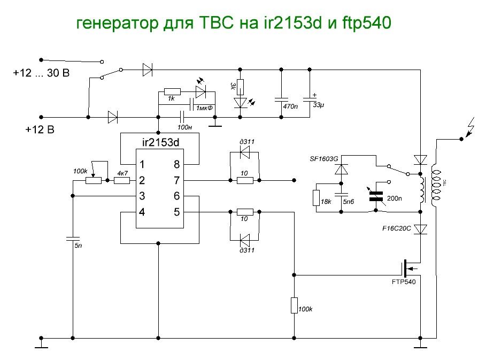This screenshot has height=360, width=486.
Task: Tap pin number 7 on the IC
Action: click(176, 180)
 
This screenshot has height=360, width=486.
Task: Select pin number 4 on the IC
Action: click(142, 212)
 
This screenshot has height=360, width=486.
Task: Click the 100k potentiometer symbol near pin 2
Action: click(93, 180)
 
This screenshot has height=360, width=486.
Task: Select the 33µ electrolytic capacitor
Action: click(310, 99)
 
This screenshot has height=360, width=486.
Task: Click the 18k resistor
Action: click(317, 197)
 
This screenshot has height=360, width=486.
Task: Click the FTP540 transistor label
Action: click(403, 281)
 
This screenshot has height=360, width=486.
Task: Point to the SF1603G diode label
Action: click(325, 159)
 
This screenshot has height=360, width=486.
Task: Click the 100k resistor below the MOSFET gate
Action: click(294, 305)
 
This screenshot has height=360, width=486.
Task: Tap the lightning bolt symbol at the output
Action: click(472, 128)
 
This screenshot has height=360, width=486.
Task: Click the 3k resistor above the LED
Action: click(240, 86)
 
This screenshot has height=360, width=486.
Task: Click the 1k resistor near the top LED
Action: click(172, 91)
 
